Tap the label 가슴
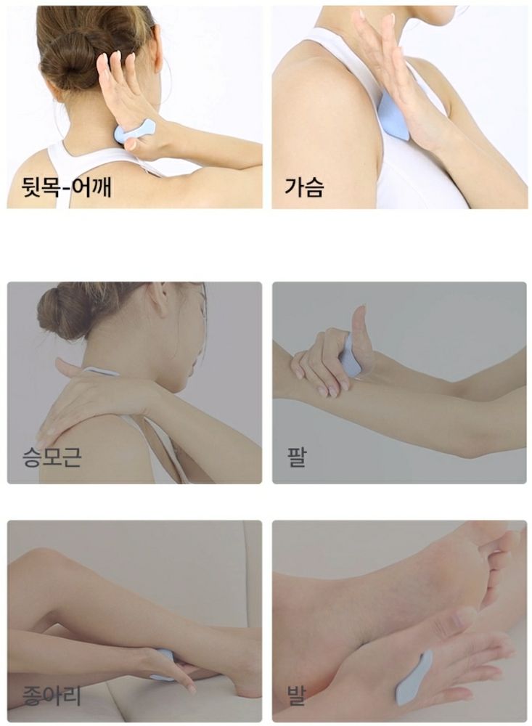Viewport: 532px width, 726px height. point(303,187)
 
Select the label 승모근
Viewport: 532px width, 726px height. point(52,456)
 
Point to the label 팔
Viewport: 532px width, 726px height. point(296,456)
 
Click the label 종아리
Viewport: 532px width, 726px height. point(52,695)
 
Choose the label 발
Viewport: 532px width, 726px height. point(296,695)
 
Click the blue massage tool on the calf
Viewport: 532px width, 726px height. point(164,665)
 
